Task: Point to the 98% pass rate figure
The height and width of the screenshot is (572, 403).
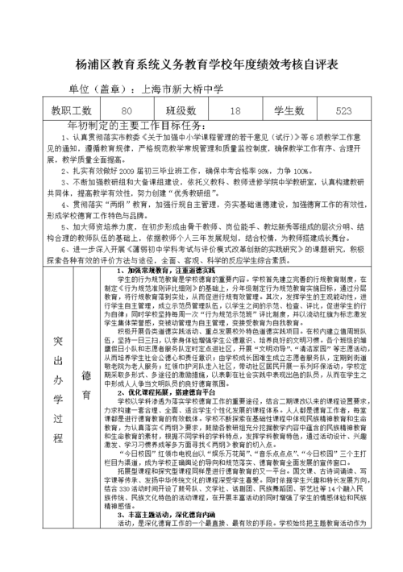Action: [266, 172]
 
